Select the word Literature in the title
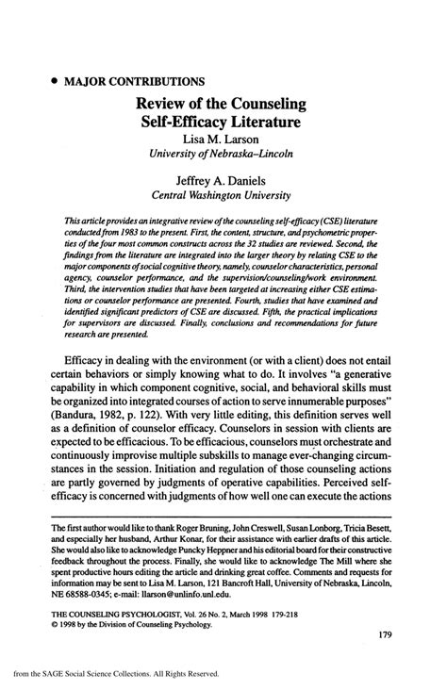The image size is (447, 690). (x=265, y=122)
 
